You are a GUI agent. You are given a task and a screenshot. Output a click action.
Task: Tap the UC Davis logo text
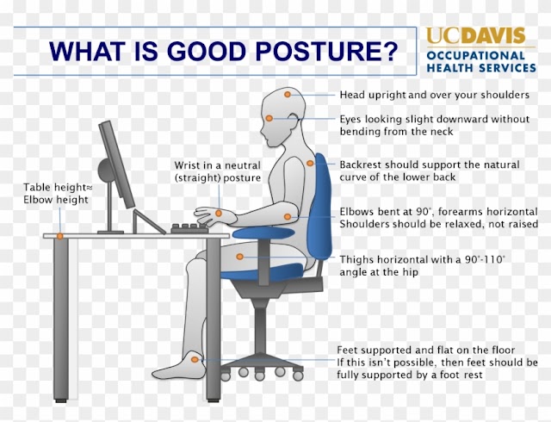coord(476,35)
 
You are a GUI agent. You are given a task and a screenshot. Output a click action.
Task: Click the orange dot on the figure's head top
coord(288,94)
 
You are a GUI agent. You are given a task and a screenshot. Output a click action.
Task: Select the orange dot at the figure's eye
coord(269,118)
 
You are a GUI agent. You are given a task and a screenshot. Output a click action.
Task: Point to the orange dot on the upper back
coord(310,163)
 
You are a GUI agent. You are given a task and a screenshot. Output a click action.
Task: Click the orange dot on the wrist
coord(219,213)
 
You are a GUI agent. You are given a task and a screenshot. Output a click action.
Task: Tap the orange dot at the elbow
coord(288,217)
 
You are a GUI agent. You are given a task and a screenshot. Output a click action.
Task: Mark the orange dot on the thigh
coord(240,257)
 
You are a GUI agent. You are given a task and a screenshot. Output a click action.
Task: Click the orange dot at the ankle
coord(195,359)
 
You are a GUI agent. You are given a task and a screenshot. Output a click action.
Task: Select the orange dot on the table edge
coord(60,236)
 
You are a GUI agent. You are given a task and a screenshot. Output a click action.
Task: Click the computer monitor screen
coord(116,164)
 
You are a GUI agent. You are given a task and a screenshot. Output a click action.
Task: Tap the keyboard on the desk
coord(189,228)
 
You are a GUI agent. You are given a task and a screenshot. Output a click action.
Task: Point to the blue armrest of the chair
coord(263,233)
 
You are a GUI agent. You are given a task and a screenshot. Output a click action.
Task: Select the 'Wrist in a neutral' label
coord(218,165)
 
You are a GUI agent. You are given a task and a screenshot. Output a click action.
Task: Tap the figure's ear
coord(294,119)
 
